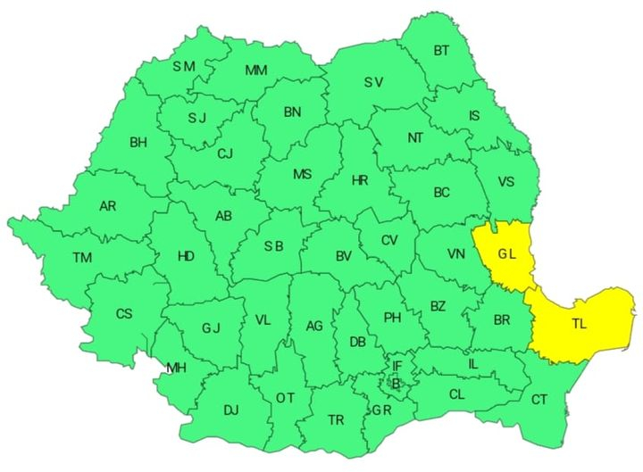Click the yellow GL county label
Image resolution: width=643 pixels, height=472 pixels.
pos(507,254)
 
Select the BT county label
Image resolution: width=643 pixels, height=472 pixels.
pos(441,51)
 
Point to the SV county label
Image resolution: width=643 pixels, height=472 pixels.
pos(373,83)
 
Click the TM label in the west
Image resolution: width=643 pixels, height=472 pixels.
pos(82,258)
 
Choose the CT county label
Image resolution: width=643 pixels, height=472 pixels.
pos(539,400)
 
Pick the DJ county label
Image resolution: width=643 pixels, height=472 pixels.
pos(231,410)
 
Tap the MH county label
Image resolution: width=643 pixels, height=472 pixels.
pos(176,367)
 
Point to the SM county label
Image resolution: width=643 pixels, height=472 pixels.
pos(184,65)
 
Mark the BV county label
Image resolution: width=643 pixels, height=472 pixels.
pos(344,257)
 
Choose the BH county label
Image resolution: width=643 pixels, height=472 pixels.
pos(138,142)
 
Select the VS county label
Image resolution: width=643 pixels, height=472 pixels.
pos(507,182)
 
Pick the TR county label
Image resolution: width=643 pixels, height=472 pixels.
pos(336,420)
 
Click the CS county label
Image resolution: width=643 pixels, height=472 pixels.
pos(124,313)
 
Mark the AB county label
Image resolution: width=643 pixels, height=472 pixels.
pos(224,215)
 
